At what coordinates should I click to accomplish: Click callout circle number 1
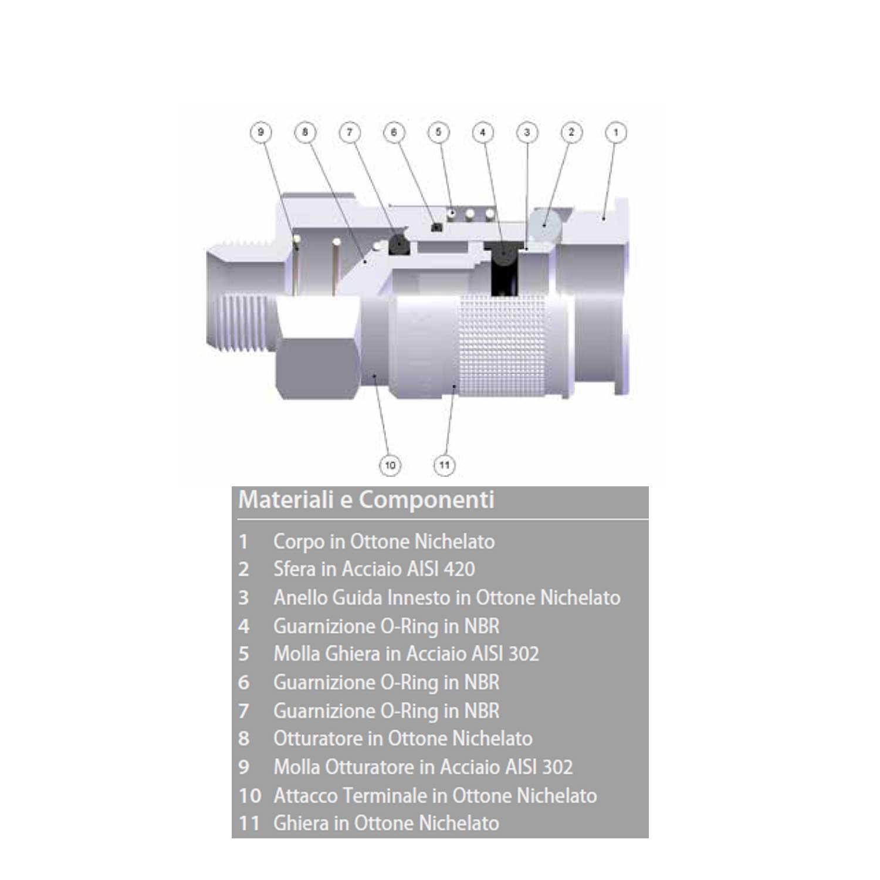pyautogui.click(x=615, y=132)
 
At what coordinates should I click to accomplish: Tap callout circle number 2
pyautogui.click(x=571, y=132)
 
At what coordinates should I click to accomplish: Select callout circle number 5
pyautogui.click(x=438, y=132)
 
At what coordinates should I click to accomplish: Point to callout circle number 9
pyautogui.click(x=260, y=132)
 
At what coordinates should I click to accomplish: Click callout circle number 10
pyautogui.click(x=390, y=465)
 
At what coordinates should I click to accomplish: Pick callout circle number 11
pyautogui.click(x=444, y=465)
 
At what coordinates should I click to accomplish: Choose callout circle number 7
pyautogui.click(x=350, y=132)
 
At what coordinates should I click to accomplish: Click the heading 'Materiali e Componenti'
pyautogui.click(x=366, y=500)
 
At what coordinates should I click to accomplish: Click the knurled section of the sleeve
pyautogui.click(x=503, y=346)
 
